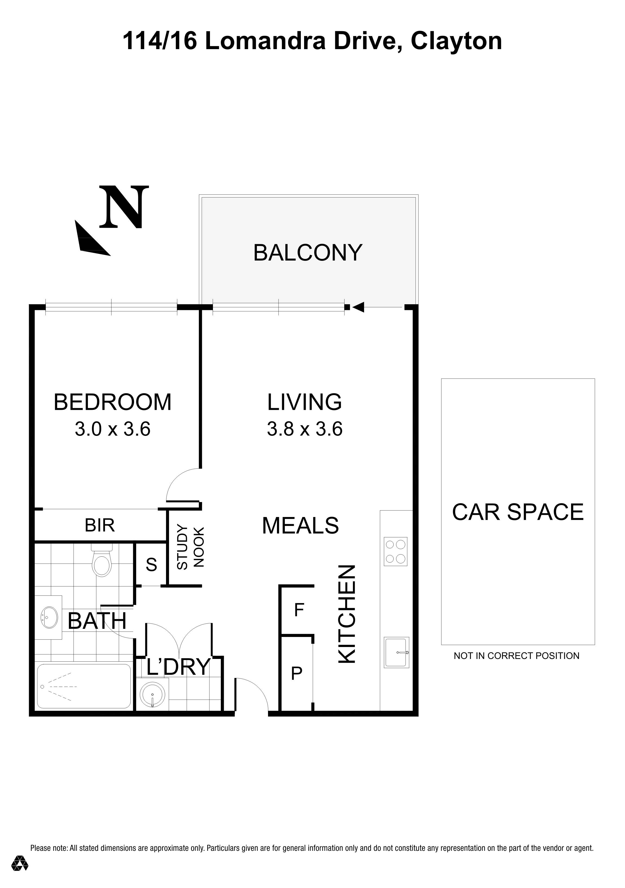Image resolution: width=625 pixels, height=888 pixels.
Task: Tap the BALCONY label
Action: pos(308,253)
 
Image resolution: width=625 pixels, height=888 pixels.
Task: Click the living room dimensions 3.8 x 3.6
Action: pos(305,429)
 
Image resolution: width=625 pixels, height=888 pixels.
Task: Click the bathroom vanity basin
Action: pos(49,617)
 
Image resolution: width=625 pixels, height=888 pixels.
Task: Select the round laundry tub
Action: pos(153,694)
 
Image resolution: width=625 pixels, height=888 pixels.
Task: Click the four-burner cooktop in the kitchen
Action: pos(396,551)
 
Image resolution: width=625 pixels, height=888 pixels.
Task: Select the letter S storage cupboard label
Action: pos(152,565)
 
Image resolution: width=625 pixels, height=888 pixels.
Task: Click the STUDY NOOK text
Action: pos(190,547)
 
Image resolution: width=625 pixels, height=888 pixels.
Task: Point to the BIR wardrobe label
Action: pos(100,525)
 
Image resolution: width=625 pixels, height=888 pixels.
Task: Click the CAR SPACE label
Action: pos(518,512)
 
